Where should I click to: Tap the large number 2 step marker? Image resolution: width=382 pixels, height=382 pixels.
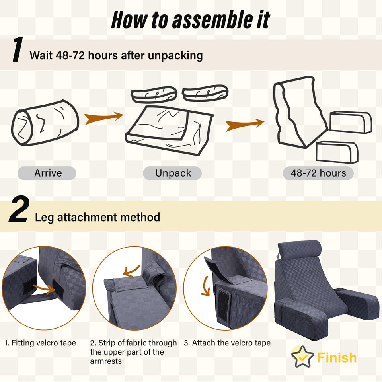pyautogui.click(x=19, y=209)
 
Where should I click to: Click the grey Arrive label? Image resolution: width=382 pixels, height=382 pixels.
pyautogui.click(x=47, y=173)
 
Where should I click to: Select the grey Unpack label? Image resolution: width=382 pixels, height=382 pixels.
pyautogui.click(x=172, y=173)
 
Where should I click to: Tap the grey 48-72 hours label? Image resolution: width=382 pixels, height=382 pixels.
pyautogui.click(x=318, y=173)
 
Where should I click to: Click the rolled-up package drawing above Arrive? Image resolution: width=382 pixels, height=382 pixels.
pyautogui.click(x=45, y=123)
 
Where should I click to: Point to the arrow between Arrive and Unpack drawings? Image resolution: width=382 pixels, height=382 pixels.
pyautogui.click(x=103, y=118)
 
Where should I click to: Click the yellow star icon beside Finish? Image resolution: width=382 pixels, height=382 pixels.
pyautogui.click(x=302, y=357)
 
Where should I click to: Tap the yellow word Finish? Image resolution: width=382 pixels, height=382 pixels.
pyautogui.click(x=337, y=357)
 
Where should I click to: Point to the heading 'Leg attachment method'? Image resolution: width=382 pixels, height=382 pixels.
pyautogui.click(x=97, y=217)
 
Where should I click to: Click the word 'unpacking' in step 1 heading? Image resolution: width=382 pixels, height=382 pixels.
pyautogui.click(x=175, y=56)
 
